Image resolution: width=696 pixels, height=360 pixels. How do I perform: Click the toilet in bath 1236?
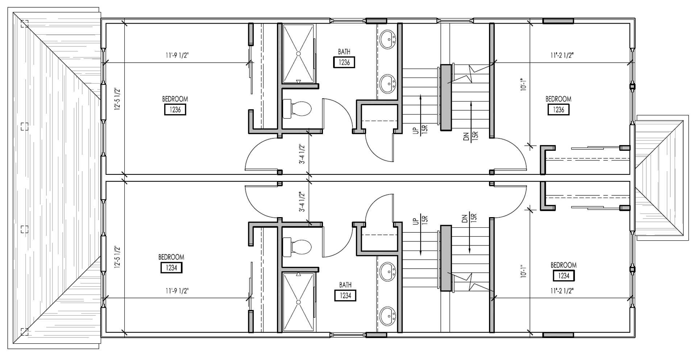[297, 108]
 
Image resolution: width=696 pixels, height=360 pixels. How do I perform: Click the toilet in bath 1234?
[297, 247]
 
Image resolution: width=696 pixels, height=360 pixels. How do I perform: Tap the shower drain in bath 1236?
[298, 53]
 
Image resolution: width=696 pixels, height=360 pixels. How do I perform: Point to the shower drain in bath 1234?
[298, 302]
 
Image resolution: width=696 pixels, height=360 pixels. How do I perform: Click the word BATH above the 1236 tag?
[344, 52]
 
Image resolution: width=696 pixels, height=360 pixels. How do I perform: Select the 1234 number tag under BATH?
[345, 295]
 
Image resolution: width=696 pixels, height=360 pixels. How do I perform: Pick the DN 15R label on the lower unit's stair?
[469, 219]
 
